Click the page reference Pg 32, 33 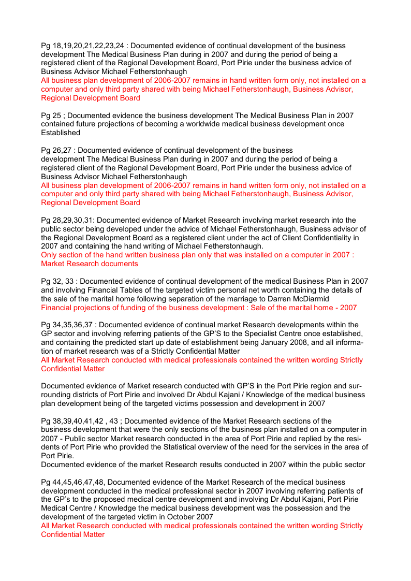pos(59,281)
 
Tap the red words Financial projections pos(74,308)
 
